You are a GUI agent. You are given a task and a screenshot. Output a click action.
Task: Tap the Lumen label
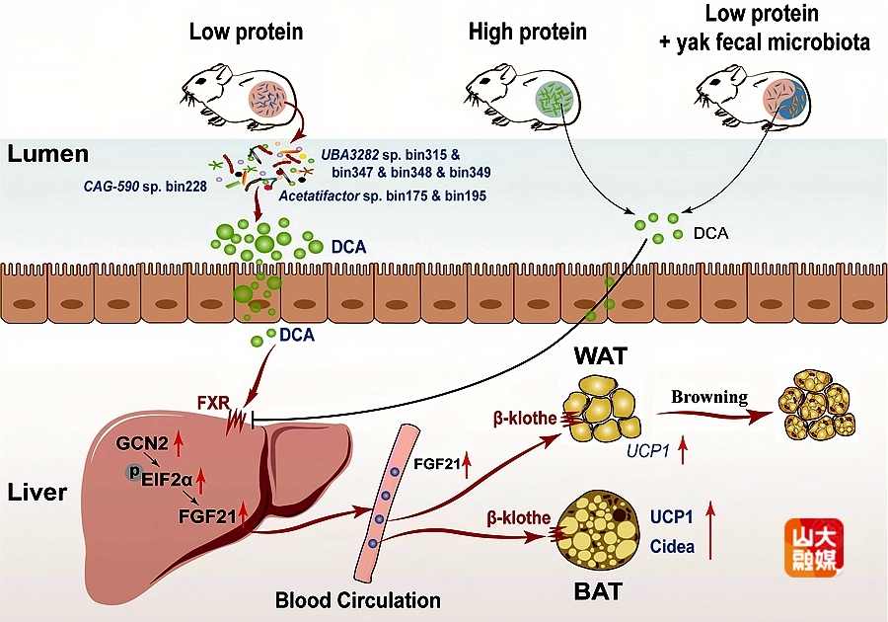[48, 154]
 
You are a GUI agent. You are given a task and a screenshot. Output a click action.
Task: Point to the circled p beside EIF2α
[134, 472]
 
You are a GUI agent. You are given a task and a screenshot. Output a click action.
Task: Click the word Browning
[709, 397]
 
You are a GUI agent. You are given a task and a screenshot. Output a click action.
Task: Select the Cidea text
[673, 546]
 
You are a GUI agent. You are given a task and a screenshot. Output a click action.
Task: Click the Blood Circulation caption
[357, 599]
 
